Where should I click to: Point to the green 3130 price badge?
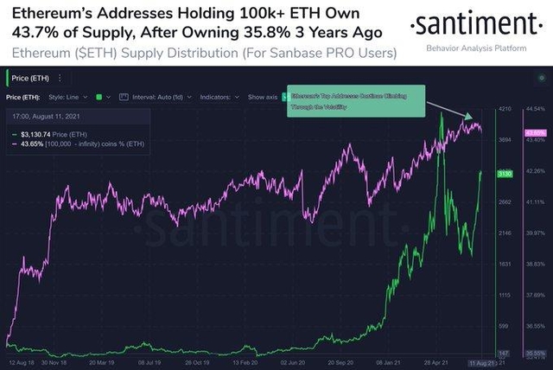[x=505, y=174]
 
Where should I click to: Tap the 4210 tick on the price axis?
[x=506, y=110]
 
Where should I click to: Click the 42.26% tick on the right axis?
[x=535, y=171]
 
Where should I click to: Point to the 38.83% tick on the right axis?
[x=535, y=264]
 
